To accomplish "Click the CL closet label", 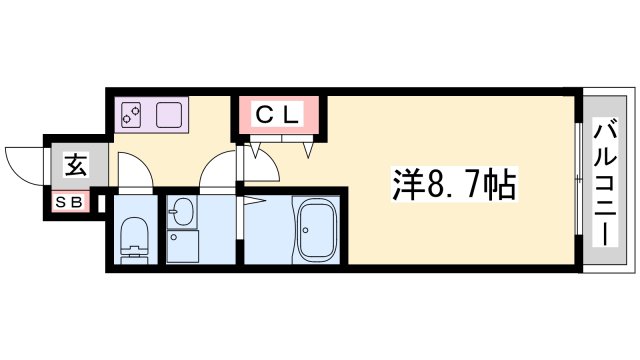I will (279, 116).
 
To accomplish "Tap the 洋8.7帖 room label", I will (452, 184).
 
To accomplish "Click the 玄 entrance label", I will (76, 165).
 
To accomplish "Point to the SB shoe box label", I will (73, 202).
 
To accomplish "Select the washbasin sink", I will (182, 212).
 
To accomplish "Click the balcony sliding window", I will (578, 180).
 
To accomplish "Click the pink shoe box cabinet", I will (73, 202).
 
